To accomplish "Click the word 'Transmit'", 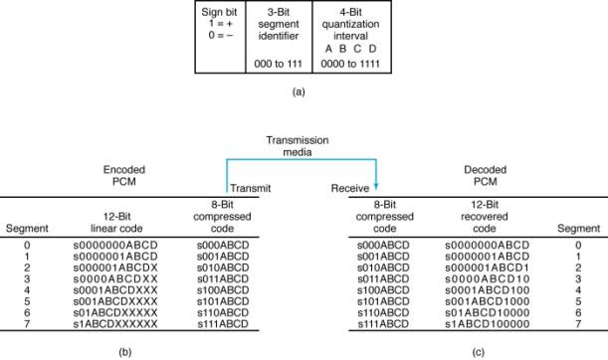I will click(247, 187).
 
